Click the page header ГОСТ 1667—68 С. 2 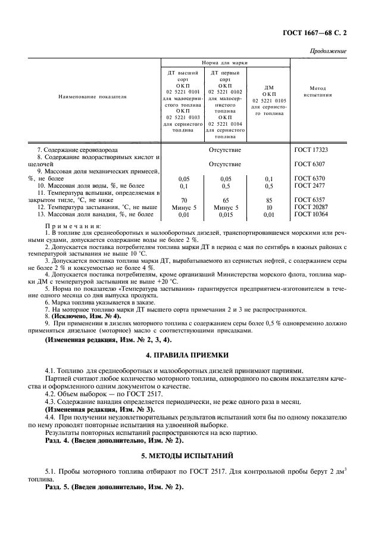tap(317, 34)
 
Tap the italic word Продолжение tap(327, 52)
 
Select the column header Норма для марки tap(224, 63)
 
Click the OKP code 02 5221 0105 tap(268, 100)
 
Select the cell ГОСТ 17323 tap(311, 150)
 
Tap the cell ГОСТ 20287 tap(311, 207)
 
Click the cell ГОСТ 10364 tap(311, 214)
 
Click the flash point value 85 tap(268, 200)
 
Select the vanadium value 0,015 tap(225, 214)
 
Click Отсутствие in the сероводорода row tap(225, 150)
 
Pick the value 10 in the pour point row tap(268, 207)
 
